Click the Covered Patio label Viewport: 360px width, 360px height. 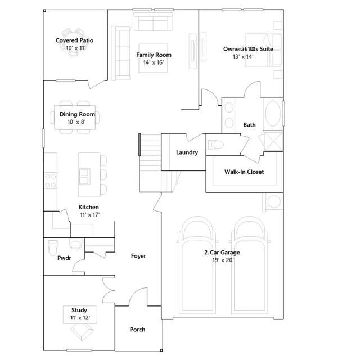coord(74,40)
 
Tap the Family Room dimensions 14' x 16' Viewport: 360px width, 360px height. coord(154,62)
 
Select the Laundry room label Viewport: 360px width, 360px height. coord(187,152)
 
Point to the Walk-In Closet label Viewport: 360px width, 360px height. coord(244,172)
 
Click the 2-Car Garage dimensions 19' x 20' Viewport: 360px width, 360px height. coord(223,260)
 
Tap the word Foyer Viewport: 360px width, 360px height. coord(138,256)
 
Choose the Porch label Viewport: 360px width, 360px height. coord(137,330)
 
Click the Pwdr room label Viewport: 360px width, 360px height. coord(64,258)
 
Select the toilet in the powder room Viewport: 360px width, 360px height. coord(53,247)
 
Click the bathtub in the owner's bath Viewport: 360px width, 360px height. coord(273,114)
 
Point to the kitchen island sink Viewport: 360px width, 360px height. coord(84,176)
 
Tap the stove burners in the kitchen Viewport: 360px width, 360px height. coord(51,181)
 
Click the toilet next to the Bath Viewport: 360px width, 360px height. coord(215,145)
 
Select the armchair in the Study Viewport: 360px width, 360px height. coord(82,332)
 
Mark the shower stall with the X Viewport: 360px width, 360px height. coord(273,141)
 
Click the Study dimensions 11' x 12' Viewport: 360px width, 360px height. coord(80,318)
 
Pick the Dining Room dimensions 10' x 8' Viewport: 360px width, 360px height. coord(76,122)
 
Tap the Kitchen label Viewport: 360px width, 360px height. coord(89,207)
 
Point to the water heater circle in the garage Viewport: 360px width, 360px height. coord(274,201)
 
